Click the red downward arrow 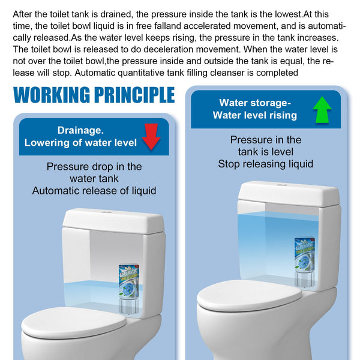tap(152, 136)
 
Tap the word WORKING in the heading tap(54, 95)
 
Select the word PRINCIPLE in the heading tap(136, 95)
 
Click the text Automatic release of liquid tap(94, 191)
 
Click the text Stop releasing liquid tap(266, 164)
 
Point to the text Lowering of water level tap(80, 143)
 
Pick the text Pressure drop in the tap(94, 167)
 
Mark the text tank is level tap(266, 152)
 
